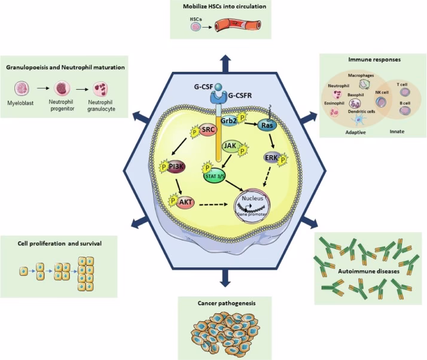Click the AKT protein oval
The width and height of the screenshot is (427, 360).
[186, 203]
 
